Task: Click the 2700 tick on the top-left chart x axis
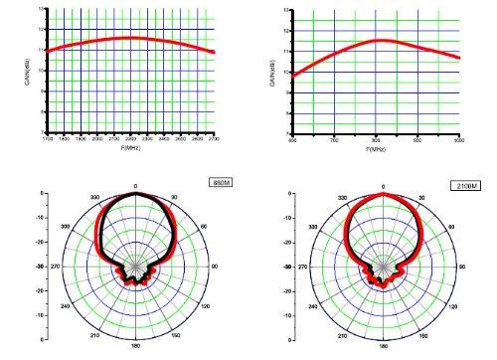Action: coord(214,139)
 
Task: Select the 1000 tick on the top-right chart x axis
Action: coord(459,139)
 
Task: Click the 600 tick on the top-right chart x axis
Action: coord(292,139)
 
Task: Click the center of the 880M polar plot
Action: coord(135,268)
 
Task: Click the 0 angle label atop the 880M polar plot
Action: coord(135,185)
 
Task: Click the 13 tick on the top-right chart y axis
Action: coord(287,10)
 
